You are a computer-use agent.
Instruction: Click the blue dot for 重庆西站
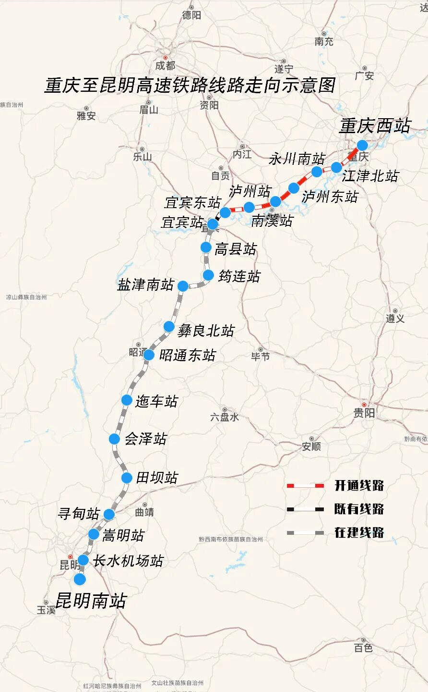coord(362,145)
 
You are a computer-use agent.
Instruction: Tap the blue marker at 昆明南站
coord(80,579)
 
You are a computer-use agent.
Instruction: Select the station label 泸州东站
coord(330,196)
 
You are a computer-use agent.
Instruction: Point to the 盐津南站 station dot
coord(183,286)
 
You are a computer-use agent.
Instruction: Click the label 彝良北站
coord(206,331)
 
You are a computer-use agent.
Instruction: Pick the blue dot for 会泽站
coord(114,439)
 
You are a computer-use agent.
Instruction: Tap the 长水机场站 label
coord(128,561)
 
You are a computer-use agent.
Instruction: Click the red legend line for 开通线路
coord(305,486)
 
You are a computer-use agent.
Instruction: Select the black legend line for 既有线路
coord(305,509)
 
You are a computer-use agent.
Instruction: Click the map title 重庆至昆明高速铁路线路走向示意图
coord(190,86)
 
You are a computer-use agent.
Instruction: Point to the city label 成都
coord(166,65)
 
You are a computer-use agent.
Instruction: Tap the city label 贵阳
coord(364,412)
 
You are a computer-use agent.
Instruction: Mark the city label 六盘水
coord(225,417)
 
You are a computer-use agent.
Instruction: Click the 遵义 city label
coord(395,318)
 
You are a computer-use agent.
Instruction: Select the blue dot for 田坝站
coord(127,478)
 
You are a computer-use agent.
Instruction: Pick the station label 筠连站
coord(239,276)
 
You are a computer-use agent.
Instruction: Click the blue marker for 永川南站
coord(317,172)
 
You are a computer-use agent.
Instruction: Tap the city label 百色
coord(363,648)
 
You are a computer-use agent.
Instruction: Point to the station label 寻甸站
coord(78,514)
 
